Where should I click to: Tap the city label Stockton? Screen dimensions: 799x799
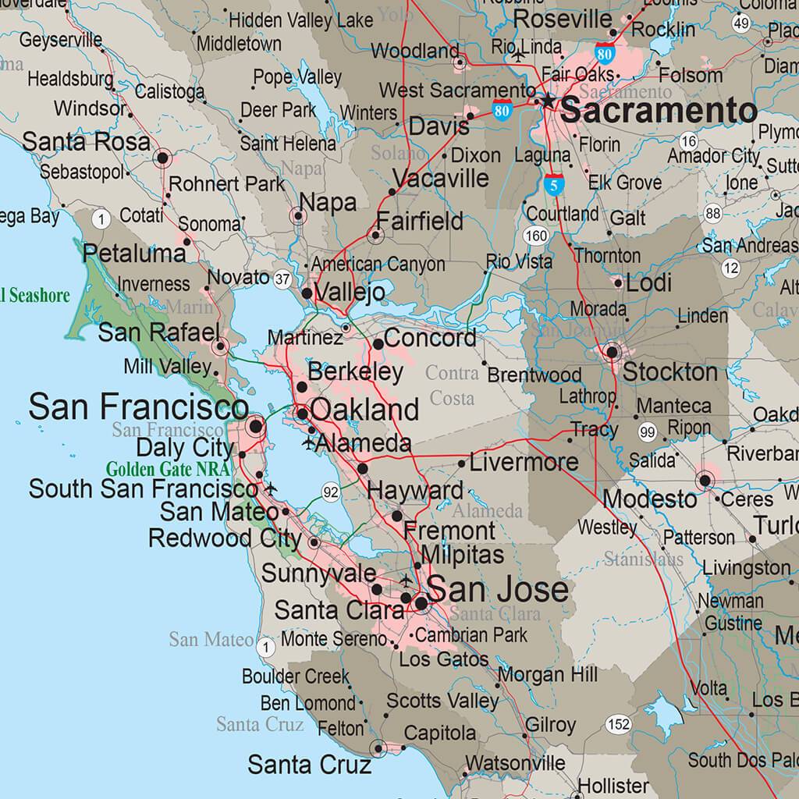point(669,372)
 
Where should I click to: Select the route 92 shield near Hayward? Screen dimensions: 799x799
point(331,492)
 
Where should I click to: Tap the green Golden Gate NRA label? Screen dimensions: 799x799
point(168,470)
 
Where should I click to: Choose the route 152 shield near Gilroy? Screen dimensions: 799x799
point(618,724)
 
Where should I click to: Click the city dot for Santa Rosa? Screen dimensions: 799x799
point(163,158)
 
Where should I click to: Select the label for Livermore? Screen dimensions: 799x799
point(524,462)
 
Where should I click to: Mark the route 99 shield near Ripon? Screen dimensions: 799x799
point(647,431)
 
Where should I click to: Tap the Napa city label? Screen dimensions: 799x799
point(328,202)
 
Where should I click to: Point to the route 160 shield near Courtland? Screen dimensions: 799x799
point(536,236)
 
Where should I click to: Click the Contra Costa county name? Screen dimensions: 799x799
point(452,385)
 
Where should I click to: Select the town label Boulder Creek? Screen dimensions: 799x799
point(296,676)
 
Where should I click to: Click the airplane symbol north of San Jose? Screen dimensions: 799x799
point(406,580)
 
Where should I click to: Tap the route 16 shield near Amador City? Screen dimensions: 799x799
point(688,141)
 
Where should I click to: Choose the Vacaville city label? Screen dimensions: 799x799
point(441,179)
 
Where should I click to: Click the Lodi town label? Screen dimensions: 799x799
point(649,282)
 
